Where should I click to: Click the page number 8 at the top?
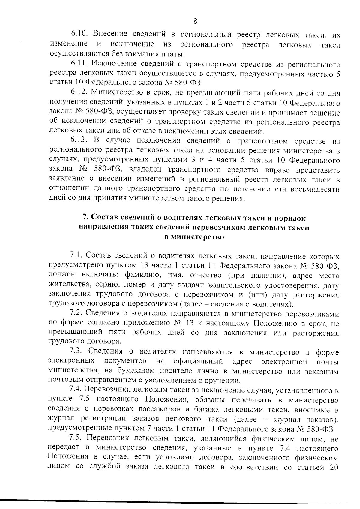195,21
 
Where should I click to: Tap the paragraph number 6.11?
79,64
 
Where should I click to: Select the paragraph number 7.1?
76,256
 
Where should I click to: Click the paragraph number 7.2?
76,314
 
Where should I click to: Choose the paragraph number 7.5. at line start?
76,438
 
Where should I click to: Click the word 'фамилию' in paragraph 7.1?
139,276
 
